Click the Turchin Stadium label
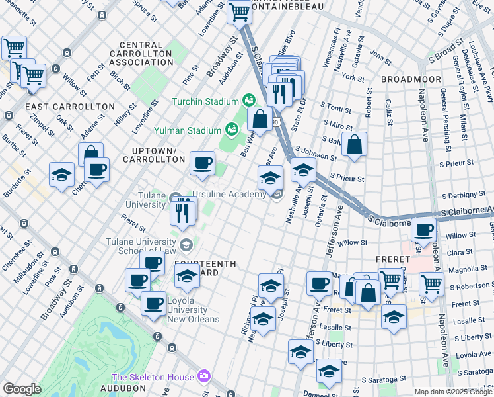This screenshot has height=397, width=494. (x=205, y=101)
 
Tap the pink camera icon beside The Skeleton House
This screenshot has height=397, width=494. (x=203, y=376)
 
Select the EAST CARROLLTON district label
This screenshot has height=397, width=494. (x=61, y=106)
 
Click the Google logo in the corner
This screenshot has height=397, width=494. (x=22, y=388)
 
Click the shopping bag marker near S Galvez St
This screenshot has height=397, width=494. (x=355, y=145)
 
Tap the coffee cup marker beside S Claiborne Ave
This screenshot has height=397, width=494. (x=423, y=230)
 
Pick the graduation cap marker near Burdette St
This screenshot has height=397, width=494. (x=61, y=175)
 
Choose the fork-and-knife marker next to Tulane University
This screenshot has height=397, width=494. (x=182, y=212)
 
